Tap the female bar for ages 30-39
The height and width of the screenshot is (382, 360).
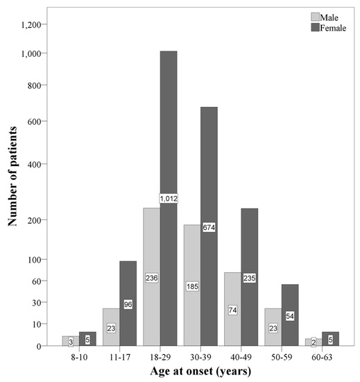[209, 292]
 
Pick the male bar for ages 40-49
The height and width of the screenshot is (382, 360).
[232, 326]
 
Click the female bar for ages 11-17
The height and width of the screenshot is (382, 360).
[128, 313]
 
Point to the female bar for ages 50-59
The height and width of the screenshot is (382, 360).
[289, 326]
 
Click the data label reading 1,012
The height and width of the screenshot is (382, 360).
[170, 199]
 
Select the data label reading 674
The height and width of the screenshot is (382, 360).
[209, 227]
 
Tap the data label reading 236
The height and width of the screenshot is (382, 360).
[151, 278]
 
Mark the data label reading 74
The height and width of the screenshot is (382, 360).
[232, 310]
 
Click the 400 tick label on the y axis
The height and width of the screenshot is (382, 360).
[40, 165]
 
